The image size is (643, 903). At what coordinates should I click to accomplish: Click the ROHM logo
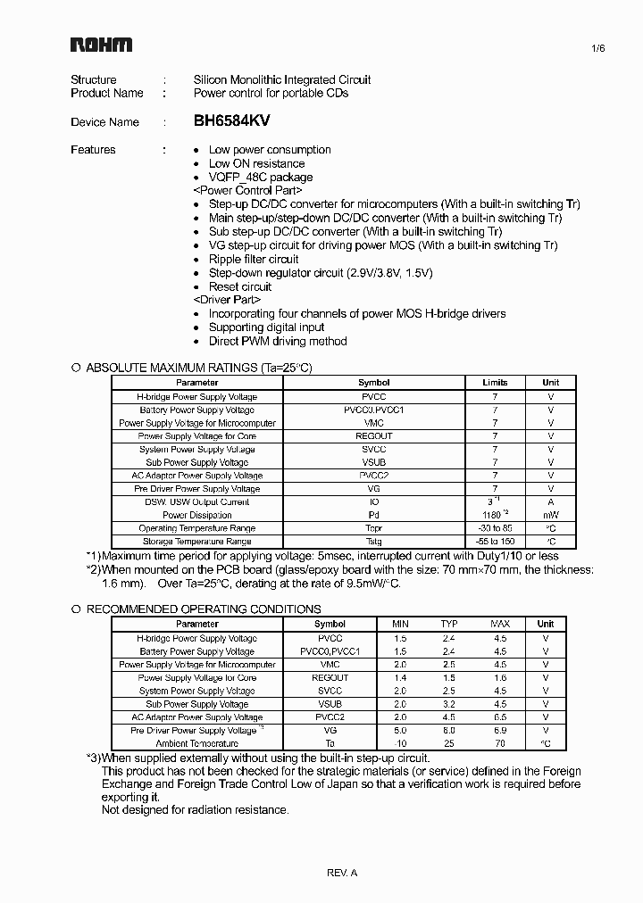point(102,45)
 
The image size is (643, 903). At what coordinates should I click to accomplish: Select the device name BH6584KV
point(231,121)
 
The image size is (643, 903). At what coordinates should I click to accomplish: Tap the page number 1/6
point(573,49)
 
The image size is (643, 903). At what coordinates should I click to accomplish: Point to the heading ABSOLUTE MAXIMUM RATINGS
point(198,368)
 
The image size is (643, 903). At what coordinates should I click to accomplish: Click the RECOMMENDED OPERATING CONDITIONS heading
point(203,609)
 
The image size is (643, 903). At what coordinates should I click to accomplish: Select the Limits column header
point(495,383)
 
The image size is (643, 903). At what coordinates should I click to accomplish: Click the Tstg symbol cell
point(373,542)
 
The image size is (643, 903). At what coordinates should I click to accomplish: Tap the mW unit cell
point(551,515)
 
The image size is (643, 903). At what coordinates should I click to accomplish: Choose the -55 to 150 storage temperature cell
point(495,542)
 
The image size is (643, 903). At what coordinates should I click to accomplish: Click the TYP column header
point(449,624)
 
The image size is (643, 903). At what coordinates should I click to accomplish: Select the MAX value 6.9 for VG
point(500,730)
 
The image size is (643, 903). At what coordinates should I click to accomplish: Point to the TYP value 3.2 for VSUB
point(449,704)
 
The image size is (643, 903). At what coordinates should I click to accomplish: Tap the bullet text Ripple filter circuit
point(254,260)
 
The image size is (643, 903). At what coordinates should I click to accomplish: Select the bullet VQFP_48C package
point(261,177)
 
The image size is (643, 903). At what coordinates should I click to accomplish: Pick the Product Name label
point(107,93)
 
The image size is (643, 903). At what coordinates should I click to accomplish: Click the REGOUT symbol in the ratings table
point(373,436)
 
